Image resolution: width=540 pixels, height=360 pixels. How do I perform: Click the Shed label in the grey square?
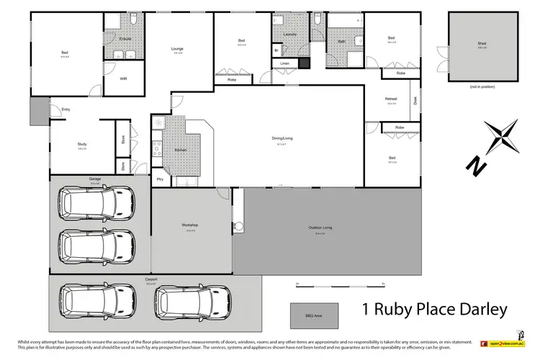(481, 44)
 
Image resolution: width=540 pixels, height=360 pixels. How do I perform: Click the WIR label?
(123, 78)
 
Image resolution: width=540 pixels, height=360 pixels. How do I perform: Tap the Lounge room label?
(177, 49)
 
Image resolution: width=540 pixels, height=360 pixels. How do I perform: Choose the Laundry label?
(290, 35)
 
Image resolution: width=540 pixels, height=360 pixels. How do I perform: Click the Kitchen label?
(180, 150)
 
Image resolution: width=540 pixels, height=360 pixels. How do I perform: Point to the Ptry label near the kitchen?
(159, 178)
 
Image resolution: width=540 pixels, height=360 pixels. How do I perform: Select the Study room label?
(82, 145)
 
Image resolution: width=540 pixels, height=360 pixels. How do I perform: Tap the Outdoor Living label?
(321, 228)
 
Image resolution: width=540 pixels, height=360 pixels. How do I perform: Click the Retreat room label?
(392, 99)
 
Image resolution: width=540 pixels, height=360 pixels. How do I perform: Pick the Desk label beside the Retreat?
(415, 100)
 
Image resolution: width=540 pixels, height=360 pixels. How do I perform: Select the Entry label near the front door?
(66, 109)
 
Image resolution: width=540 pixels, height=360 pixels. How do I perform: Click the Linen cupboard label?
(285, 64)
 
